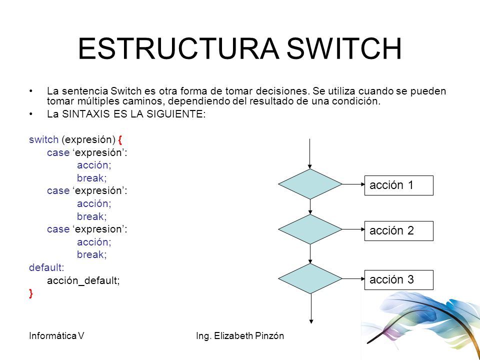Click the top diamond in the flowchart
[310, 184]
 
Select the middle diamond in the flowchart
[310, 229]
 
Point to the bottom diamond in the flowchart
[310, 278]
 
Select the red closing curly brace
[31, 294]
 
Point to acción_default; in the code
[83, 281]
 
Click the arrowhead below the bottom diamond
[310, 321]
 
